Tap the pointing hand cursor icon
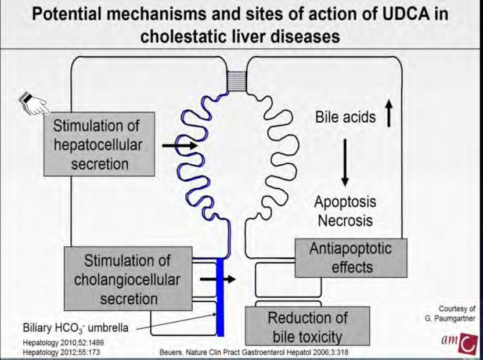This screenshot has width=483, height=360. (34, 104)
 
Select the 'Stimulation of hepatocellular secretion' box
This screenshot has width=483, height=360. (99, 144)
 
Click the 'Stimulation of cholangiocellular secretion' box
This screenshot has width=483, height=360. (128, 279)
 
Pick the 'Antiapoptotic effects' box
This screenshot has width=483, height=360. (351, 258)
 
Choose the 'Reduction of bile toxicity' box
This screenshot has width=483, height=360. (308, 326)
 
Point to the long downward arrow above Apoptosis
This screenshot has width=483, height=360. (345, 163)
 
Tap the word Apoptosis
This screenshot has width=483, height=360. (345, 202)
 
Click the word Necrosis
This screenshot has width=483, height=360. (345, 221)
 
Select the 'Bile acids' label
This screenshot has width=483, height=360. (345, 117)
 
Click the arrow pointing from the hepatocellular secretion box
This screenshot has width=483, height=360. (179, 145)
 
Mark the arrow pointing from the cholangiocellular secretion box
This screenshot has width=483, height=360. (218, 279)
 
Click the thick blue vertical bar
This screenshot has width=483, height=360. (220, 297)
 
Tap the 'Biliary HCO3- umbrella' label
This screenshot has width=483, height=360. (75, 327)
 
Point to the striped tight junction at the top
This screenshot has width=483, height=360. (237, 81)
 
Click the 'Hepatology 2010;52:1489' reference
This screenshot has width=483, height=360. (63, 343)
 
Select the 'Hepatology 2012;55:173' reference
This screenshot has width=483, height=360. (62, 352)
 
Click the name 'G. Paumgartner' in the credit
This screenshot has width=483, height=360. (450, 318)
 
